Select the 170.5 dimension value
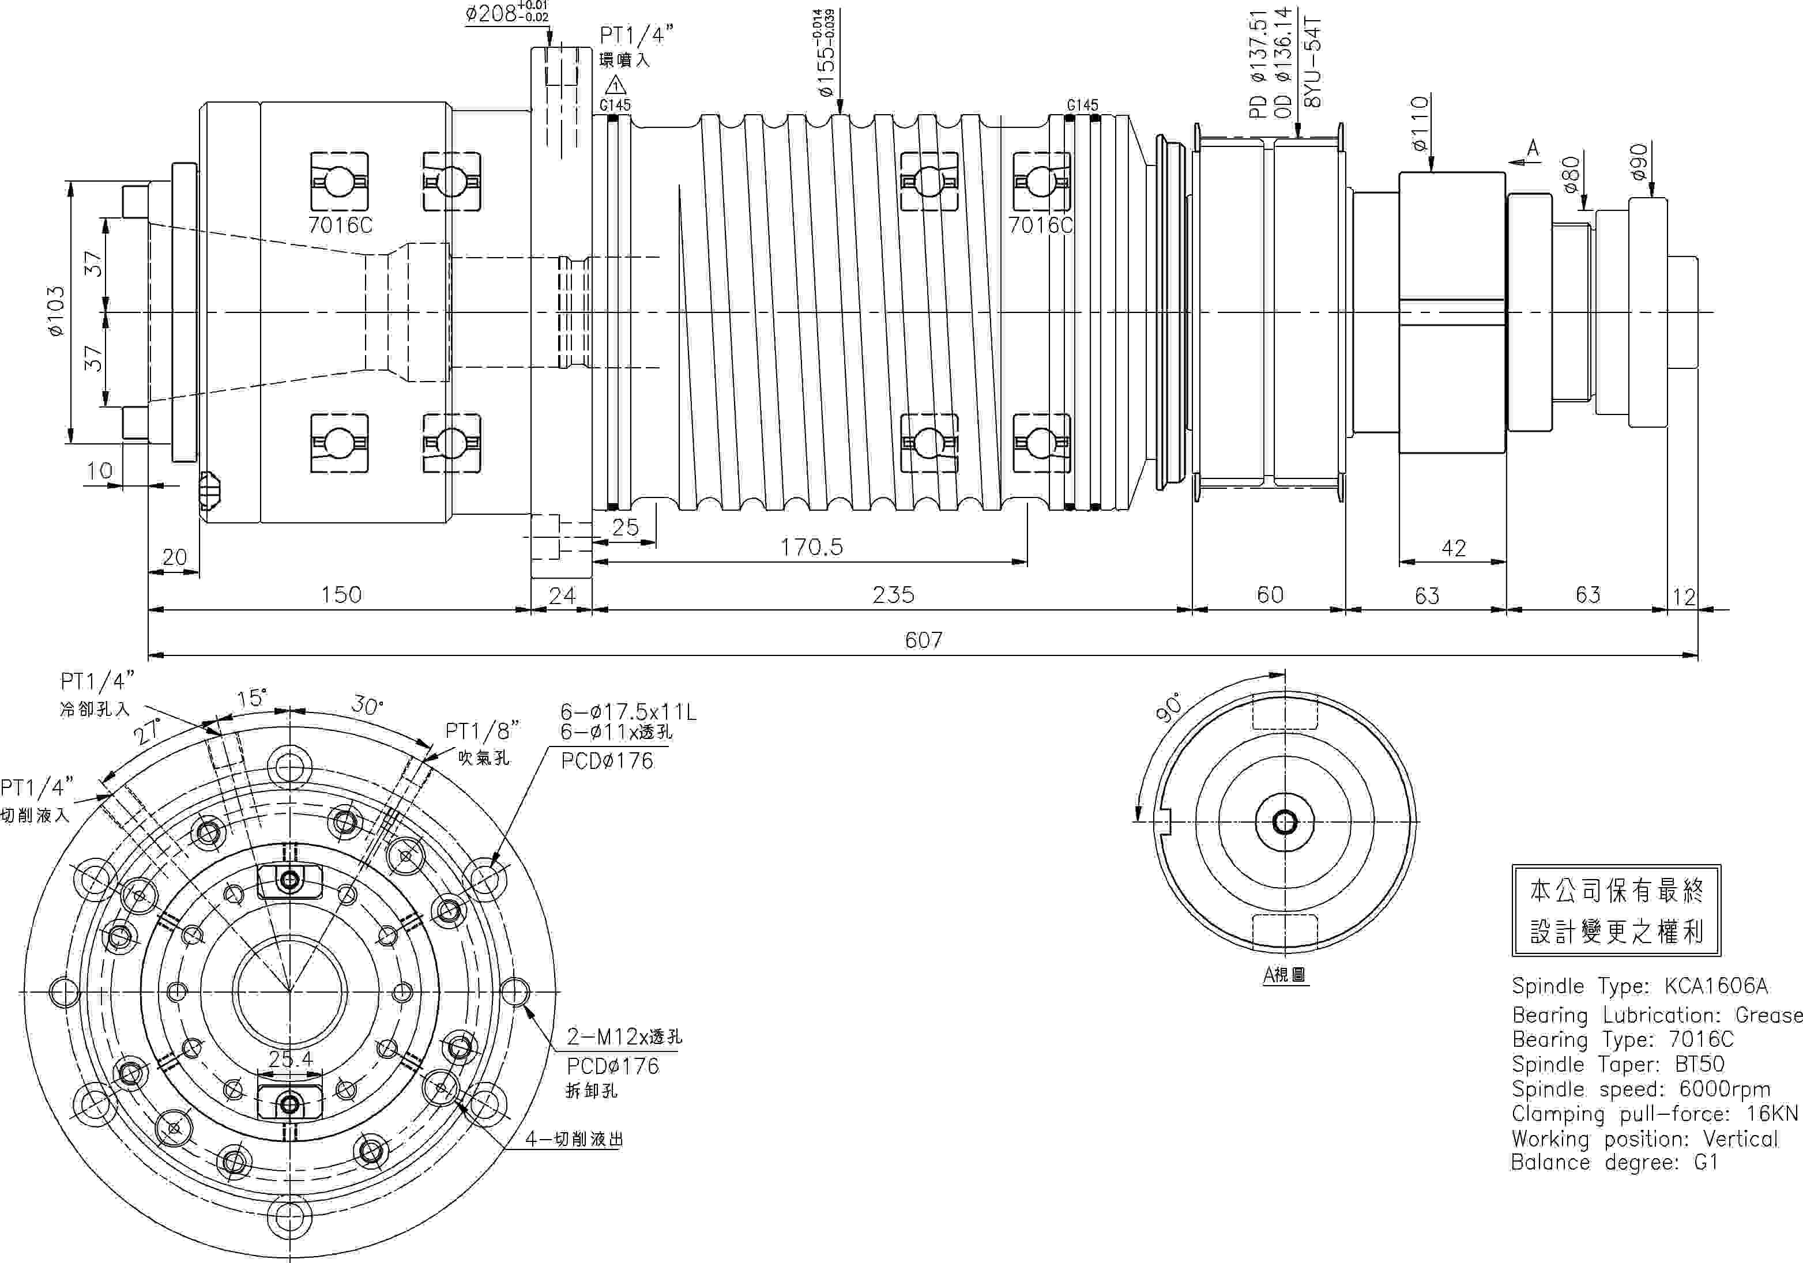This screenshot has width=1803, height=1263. click(811, 547)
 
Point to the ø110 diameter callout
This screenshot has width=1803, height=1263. click(1420, 123)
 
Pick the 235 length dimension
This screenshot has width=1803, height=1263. click(893, 594)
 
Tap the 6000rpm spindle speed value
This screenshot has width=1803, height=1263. click(1725, 1089)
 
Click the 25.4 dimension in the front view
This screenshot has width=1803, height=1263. click(291, 1059)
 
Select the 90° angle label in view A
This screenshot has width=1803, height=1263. click(1169, 707)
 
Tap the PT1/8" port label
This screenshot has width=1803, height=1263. click(482, 731)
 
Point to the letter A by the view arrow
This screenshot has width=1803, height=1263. click(1533, 148)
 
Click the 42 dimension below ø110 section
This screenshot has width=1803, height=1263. click(1454, 548)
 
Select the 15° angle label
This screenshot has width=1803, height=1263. click(251, 698)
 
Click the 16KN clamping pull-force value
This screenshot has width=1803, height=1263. click(1772, 1114)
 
